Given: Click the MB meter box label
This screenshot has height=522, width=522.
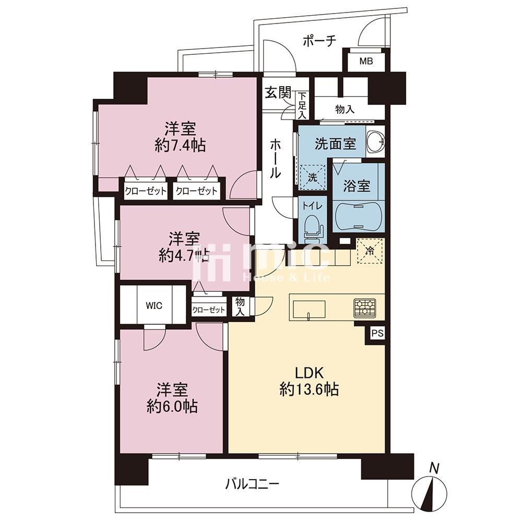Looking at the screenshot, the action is click(366, 61).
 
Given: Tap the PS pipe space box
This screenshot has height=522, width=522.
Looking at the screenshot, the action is click(377, 334).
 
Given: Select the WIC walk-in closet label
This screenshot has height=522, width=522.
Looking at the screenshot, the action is click(154, 305).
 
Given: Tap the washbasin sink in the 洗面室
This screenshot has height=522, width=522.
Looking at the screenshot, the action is click(376, 141).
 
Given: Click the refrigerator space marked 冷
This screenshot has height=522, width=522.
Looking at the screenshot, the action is click(370, 251).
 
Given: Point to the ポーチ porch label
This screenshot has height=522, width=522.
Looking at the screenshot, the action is click(319, 41).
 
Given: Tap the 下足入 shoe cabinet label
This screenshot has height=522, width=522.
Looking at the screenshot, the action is click(302, 105).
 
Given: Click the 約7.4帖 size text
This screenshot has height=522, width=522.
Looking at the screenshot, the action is click(180, 146).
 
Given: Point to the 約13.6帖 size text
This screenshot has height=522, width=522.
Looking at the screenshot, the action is click(309, 389).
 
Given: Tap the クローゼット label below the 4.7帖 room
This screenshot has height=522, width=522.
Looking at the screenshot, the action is click(209, 310).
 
